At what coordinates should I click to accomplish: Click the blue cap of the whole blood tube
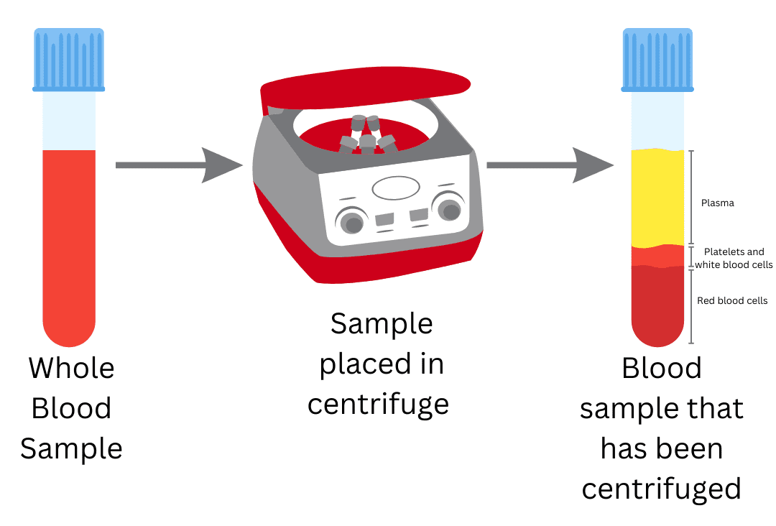(69, 60)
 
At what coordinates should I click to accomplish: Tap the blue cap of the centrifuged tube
(657, 60)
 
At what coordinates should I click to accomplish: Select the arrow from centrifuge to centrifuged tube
(550, 165)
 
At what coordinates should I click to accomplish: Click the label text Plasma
(717, 203)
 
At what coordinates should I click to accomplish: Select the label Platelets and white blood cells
(734, 259)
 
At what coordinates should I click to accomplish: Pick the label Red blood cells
(732, 300)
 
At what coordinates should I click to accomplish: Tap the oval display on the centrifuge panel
(395, 188)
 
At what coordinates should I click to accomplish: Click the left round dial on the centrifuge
(351, 221)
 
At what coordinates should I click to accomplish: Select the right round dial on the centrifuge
(449, 208)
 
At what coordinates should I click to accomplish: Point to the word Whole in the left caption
(71, 369)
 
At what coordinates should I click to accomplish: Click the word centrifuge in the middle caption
(378, 405)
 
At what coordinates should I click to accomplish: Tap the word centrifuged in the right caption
(661, 489)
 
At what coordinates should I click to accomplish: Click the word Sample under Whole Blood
(71, 449)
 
